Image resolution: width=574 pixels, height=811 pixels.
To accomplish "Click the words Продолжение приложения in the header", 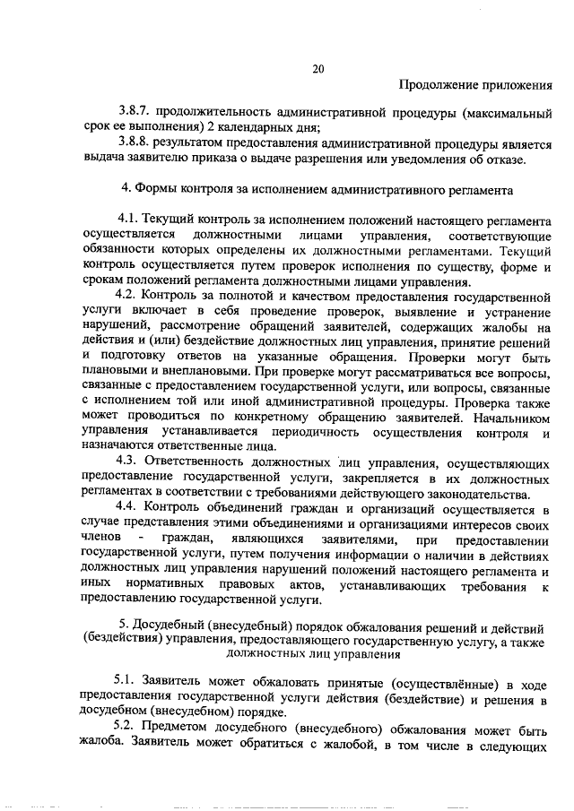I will pyautogui.click(x=474, y=86).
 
